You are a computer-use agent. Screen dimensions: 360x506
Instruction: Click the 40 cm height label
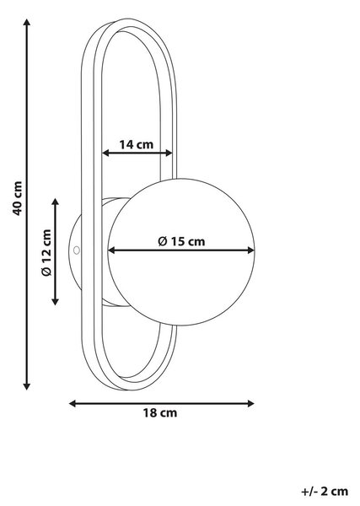(x=18, y=198)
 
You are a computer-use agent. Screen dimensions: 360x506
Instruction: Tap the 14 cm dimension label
(x=137, y=144)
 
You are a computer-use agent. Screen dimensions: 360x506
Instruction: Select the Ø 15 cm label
(x=181, y=241)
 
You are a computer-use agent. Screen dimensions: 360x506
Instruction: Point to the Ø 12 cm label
(x=46, y=252)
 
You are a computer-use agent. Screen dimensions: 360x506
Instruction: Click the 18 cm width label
(x=160, y=412)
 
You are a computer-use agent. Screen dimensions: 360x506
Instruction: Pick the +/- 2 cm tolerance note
(x=325, y=492)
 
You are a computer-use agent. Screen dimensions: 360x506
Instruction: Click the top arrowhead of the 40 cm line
(x=27, y=22)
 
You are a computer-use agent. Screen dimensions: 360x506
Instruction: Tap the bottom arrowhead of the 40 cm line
(x=27, y=386)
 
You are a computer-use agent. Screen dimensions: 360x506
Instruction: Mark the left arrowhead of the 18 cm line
(x=73, y=403)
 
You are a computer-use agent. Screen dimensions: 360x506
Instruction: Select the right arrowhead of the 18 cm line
(x=250, y=403)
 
